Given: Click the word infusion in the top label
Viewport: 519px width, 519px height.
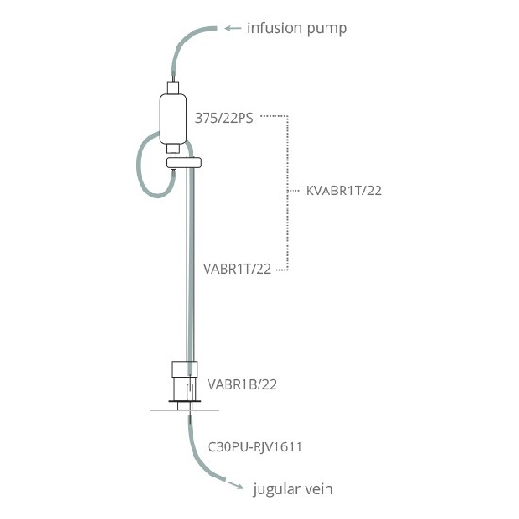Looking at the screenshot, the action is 275,28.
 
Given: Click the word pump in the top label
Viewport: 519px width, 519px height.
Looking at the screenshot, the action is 327,29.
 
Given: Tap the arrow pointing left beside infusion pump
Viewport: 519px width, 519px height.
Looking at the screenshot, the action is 232,28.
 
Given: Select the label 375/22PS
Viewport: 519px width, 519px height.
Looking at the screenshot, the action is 224,118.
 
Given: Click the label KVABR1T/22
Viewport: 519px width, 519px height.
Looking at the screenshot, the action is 343,191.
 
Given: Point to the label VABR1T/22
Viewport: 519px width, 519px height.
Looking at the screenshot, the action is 237,269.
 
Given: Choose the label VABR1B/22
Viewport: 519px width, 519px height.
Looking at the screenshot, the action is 242,384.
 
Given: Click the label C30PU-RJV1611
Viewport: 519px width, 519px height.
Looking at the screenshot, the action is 255,447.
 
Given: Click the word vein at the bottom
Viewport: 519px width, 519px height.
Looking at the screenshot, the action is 319,489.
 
